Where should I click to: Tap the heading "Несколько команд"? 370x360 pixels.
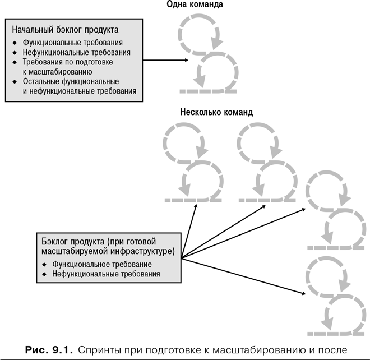pos(216,112)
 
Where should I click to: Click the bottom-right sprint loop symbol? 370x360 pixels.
pos(331,297)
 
